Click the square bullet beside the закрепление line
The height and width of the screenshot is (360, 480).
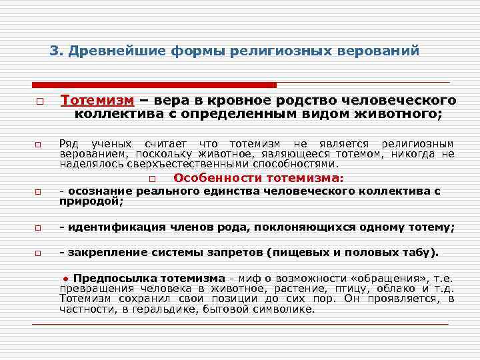[39, 254]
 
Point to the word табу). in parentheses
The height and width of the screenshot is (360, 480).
[421, 253]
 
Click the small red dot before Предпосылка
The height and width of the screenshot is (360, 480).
[67, 278]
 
